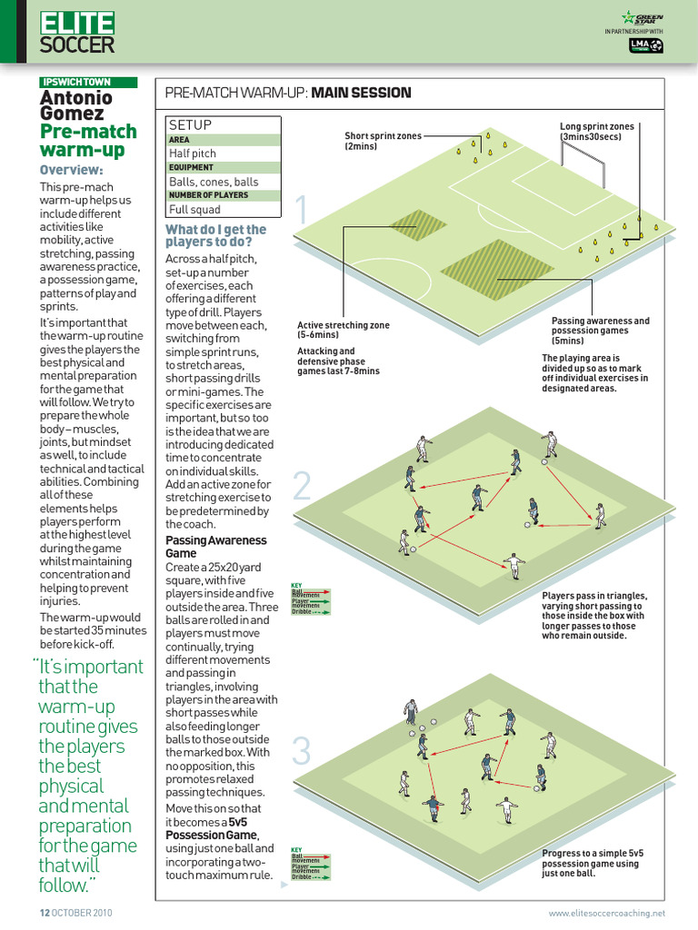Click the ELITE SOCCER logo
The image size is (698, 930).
[77, 33]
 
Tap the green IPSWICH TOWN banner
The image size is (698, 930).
[88, 82]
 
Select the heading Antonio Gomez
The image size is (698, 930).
[76, 104]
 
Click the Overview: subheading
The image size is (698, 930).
[71, 170]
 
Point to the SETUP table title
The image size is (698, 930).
[190, 124]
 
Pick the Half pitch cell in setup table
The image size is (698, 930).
[193, 153]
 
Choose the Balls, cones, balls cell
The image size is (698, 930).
[214, 181]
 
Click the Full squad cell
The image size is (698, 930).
[195, 208]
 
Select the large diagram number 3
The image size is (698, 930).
[301, 751]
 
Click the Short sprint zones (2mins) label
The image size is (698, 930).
[383, 141]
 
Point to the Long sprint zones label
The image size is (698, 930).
[597, 132]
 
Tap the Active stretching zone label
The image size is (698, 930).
[343, 330]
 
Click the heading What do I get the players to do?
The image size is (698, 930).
[215, 236]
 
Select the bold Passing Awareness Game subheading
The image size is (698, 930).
[215, 546]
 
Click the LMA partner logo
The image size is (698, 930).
[646, 45]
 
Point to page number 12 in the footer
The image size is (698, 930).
[43, 912]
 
